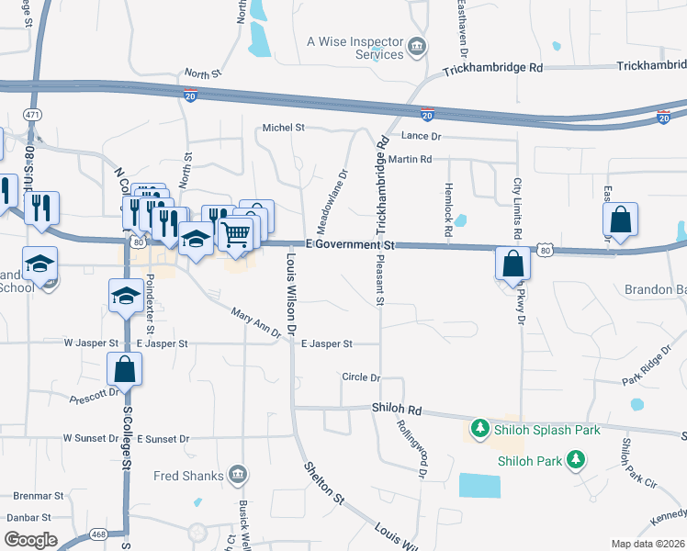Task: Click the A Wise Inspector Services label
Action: click(x=355, y=48)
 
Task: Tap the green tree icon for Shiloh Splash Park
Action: click(x=479, y=429)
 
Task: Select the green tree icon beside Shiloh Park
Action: click(x=575, y=458)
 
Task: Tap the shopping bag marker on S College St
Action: click(x=125, y=370)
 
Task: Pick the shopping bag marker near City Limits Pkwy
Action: click(x=512, y=264)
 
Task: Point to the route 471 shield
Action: click(x=33, y=114)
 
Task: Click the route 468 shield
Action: click(x=98, y=534)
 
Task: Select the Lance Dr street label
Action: click(x=422, y=137)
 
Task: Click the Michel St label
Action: click(x=283, y=128)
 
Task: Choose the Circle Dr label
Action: click(x=360, y=377)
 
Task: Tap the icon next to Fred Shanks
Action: click(x=237, y=474)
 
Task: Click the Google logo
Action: click(x=30, y=539)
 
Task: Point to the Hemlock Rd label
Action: click(x=449, y=220)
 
